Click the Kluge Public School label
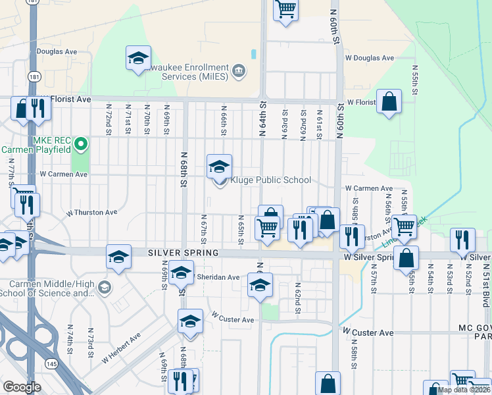(x=270, y=180)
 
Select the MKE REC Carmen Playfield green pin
(x=81, y=143)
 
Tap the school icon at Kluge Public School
(x=220, y=167)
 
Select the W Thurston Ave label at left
(x=92, y=213)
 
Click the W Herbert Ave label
(x=122, y=348)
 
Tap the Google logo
(x=22, y=386)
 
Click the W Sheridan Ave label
(x=218, y=277)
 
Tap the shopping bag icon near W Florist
(x=389, y=101)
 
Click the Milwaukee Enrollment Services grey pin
(x=238, y=70)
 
